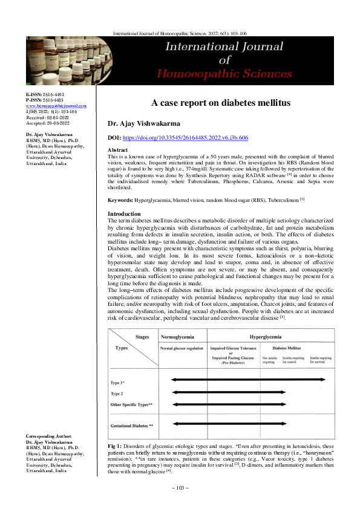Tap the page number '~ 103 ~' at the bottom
(x=180, y=488)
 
